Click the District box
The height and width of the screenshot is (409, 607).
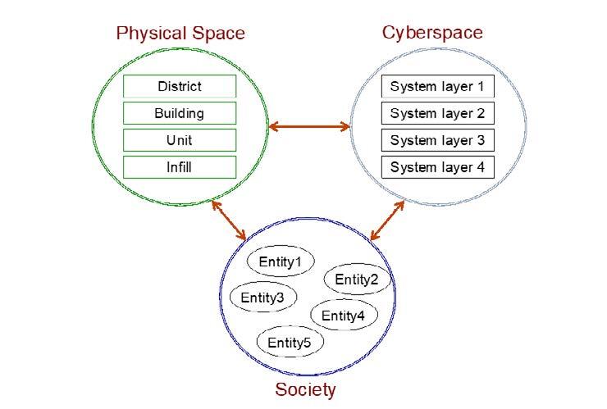180,86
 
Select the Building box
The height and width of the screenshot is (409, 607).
180,113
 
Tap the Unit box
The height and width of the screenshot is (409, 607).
180,140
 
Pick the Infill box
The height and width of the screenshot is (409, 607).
180,167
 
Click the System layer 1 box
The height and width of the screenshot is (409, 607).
438,86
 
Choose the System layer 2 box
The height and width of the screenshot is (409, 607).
438,113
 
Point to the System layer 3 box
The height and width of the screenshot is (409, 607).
438,140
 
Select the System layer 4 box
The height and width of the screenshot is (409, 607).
438,167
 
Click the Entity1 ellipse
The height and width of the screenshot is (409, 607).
281,261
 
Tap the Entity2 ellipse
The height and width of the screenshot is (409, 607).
358,279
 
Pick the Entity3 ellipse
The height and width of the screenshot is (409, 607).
263,298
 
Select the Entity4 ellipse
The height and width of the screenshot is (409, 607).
344,315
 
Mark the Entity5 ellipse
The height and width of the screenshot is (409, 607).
290,342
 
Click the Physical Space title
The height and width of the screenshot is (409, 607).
180,34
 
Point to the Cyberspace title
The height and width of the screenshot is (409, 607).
432,33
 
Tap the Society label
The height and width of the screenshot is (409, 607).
305,389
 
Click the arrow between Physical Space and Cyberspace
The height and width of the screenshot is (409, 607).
309,126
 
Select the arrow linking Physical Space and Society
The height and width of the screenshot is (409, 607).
229,220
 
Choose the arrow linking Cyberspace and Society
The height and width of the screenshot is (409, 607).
387,220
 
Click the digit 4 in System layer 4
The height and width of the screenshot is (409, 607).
481,166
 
